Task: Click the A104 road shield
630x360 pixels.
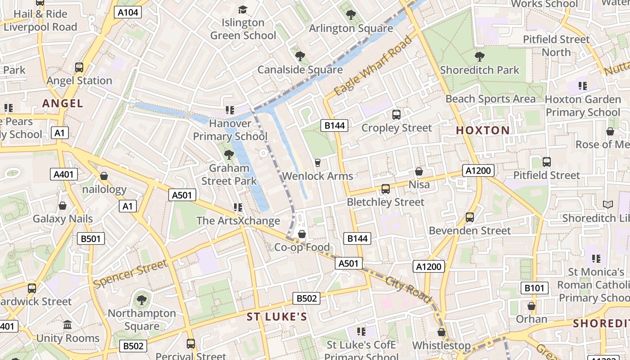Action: (128, 12)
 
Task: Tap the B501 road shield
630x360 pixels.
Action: (91, 238)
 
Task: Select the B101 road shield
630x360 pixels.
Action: (535, 288)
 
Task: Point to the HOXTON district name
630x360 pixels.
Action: (483, 130)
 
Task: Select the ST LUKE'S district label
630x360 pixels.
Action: (277, 317)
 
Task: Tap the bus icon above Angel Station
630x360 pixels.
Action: (79, 67)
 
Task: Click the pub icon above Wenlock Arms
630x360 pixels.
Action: (318, 162)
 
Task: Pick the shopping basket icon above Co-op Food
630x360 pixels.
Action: (302, 234)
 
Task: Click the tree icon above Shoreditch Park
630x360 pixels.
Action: (479, 57)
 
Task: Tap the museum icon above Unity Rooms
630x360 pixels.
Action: (67, 325)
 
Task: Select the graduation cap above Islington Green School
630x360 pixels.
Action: (243, 9)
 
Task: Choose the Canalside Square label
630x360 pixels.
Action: (300, 70)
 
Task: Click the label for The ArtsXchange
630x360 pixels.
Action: (238, 220)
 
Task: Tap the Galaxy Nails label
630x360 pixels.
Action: (63, 219)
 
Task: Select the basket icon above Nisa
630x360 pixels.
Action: (419, 171)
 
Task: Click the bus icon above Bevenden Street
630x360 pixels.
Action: (470, 217)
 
